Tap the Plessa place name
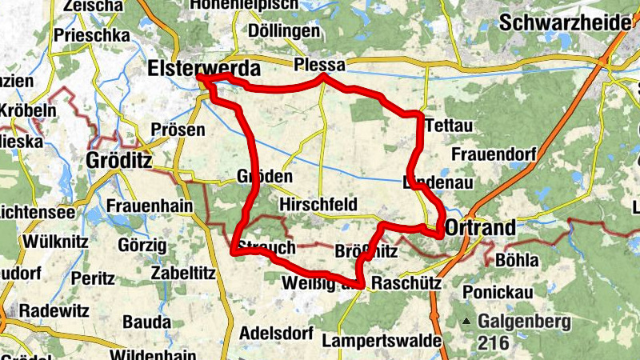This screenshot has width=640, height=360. pyautogui.click(x=319, y=64)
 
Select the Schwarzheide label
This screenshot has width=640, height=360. pyautogui.click(x=565, y=22)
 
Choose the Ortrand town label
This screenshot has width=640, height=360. pyautogui.click(x=480, y=228)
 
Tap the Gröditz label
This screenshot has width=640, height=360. pyautogui.click(x=118, y=161)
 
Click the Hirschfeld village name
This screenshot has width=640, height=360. pyautogui.click(x=318, y=205)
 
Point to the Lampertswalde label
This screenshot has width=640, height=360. pyautogui.click(x=382, y=342)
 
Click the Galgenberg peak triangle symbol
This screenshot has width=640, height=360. pyautogui.click(x=466, y=322)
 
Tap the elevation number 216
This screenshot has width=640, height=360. pyautogui.click(x=494, y=340)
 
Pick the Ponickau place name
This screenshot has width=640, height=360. pyautogui.click(x=498, y=292)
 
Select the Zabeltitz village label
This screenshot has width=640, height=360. pyautogui.click(x=184, y=273)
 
